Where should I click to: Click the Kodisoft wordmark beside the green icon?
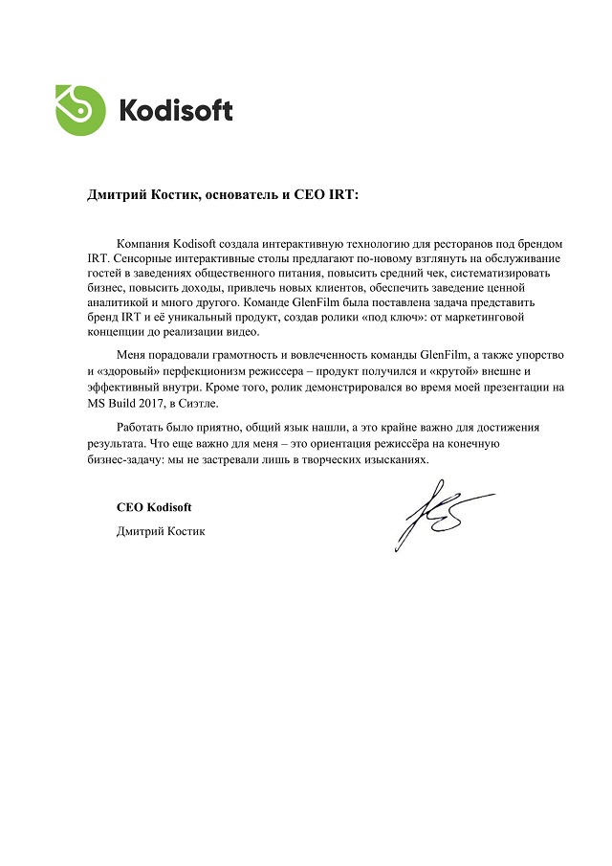point(176,110)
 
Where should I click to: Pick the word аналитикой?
point(117,303)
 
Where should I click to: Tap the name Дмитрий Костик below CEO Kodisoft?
point(160,532)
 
